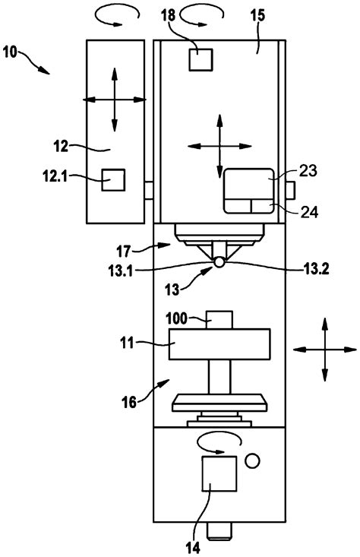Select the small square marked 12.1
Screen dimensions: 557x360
pyautogui.click(x=113, y=180)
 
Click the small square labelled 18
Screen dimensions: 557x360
pyautogui.click(x=201, y=59)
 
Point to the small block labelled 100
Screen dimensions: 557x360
pyautogui.click(x=219, y=319)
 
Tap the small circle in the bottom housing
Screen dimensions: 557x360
pyautogui.click(x=252, y=460)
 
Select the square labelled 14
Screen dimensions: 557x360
pyautogui.click(x=218, y=476)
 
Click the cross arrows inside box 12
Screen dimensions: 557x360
pyautogui.click(x=114, y=98)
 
